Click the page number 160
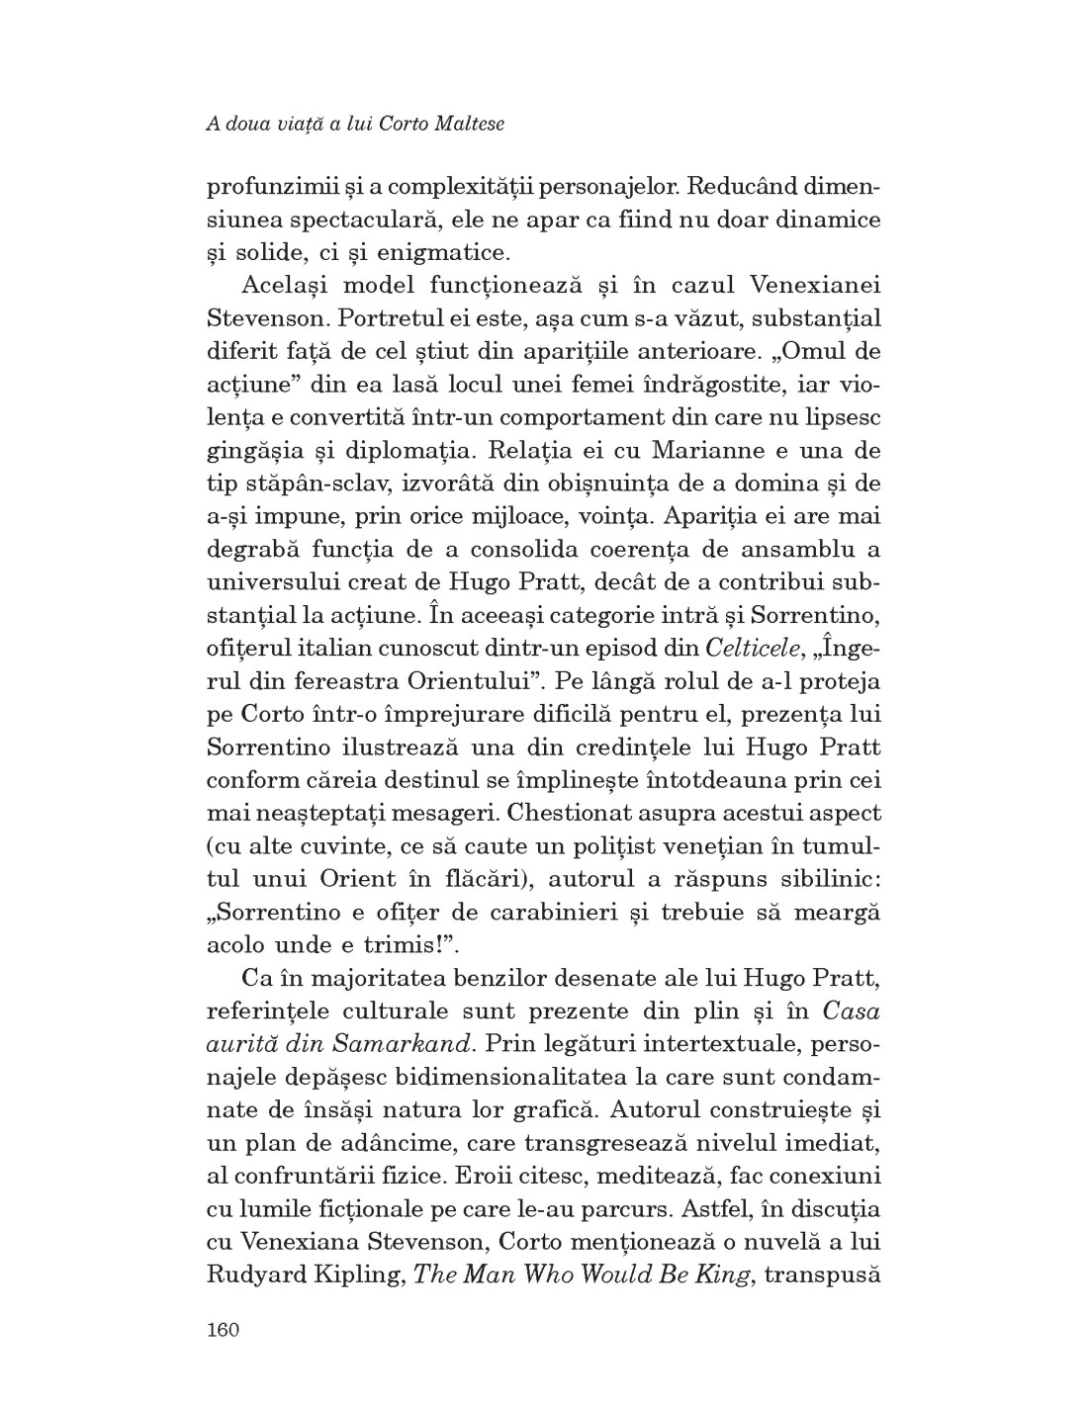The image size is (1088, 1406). tap(224, 1330)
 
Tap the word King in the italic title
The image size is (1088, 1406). tap(721, 1273)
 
